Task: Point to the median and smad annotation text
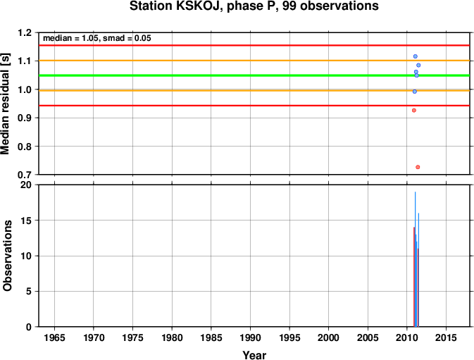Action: pos(97,38)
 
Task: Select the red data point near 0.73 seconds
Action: pos(418,167)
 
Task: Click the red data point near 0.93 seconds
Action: pos(414,111)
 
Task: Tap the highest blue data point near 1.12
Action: pos(416,56)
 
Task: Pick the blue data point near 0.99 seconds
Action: pos(415,92)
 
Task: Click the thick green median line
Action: pos(254,75)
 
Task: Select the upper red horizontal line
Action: pos(254,46)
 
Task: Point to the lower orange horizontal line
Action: pos(254,90)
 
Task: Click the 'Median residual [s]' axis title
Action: pos(6,104)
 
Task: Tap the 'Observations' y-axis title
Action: pos(7,256)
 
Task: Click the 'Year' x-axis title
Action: pos(254,355)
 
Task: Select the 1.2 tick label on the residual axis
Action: pos(25,32)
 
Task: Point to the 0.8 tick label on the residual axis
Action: pos(25,147)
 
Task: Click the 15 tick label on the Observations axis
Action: pos(26,221)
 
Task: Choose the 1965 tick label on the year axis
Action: pos(54,337)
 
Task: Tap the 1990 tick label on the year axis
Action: pos(250,337)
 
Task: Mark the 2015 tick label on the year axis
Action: pos(447,337)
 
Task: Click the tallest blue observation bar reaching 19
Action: pos(416,259)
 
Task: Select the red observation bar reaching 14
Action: pos(414,277)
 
